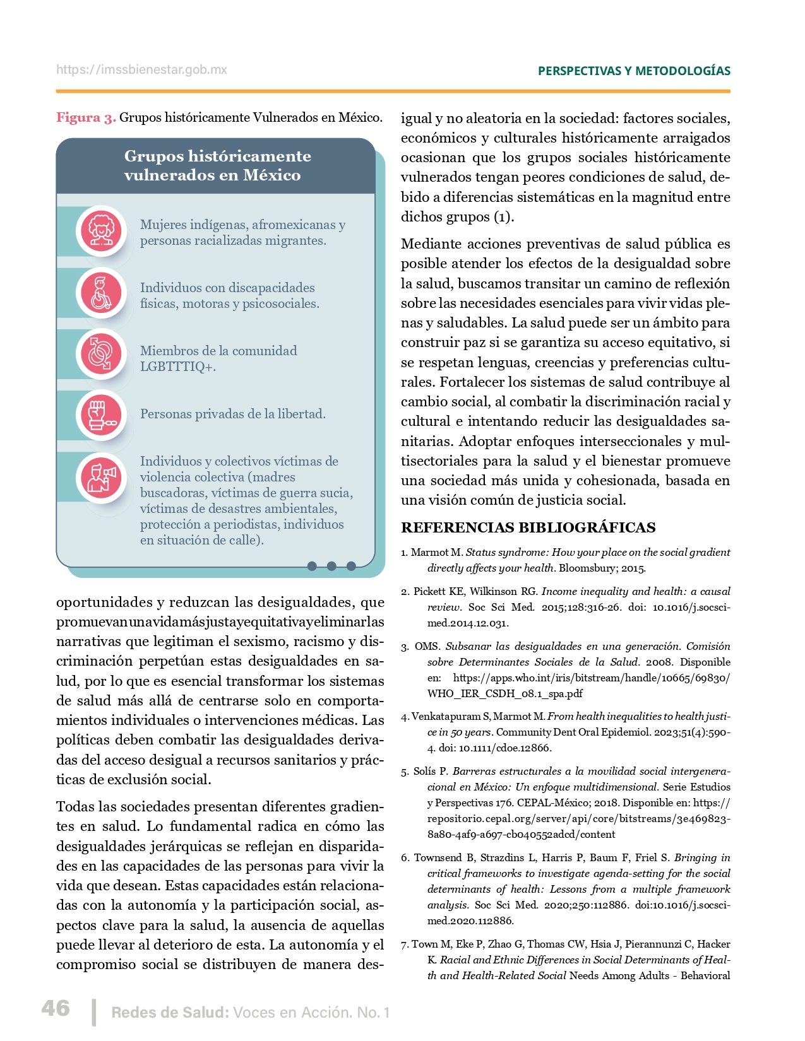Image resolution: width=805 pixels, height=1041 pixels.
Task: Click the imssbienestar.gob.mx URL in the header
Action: click(x=141, y=70)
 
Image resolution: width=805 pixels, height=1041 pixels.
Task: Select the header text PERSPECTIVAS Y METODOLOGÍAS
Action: click(x=634, y=71)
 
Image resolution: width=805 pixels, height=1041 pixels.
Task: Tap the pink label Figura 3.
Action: click(x=86, y=118)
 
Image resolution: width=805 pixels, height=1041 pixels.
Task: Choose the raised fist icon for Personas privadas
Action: click(x=101, y=415)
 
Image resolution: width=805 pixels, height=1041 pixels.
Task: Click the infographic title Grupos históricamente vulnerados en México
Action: click(x=217, y=165)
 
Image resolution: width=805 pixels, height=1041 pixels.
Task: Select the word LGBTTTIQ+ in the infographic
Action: click(x=177, y=367)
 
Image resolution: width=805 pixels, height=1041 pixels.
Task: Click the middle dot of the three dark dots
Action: click(x=331, y=566)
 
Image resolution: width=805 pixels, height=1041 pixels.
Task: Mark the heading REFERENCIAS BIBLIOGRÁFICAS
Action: click(x=528, y=527)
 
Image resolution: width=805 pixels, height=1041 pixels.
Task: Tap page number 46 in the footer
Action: click(x=56, y=1008)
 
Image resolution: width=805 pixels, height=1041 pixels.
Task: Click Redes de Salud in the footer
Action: click(x=169, y=1013)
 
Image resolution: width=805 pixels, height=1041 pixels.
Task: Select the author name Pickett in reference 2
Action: click(x=431, y=592)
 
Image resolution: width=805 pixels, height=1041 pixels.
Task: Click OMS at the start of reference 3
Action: click(x=427, y=647)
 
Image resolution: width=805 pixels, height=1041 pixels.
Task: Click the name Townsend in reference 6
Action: click(x=438, y=858)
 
